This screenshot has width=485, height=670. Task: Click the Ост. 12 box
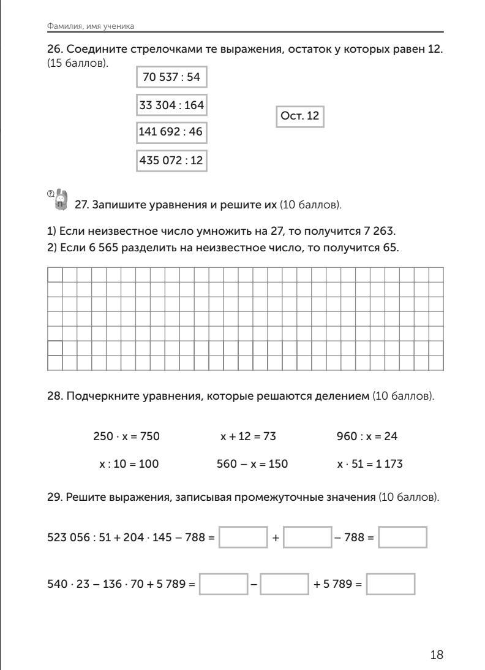coord(299,115)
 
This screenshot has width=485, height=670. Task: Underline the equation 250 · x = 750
coord(126,436)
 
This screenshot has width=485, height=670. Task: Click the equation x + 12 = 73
coord(249,436)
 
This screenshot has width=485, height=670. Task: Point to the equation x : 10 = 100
coord(129,464)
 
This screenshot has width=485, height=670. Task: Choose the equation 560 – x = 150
coord(252,464)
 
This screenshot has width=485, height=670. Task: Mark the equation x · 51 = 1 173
coord(370,464)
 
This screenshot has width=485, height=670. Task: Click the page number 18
coord(437,655)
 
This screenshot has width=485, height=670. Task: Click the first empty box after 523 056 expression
coord(243,537)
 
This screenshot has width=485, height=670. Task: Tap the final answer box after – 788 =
coord(402,537)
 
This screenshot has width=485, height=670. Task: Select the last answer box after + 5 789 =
coord(391,584)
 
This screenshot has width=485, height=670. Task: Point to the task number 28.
coord(53,397)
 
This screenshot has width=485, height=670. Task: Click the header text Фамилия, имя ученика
coord(90,26)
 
